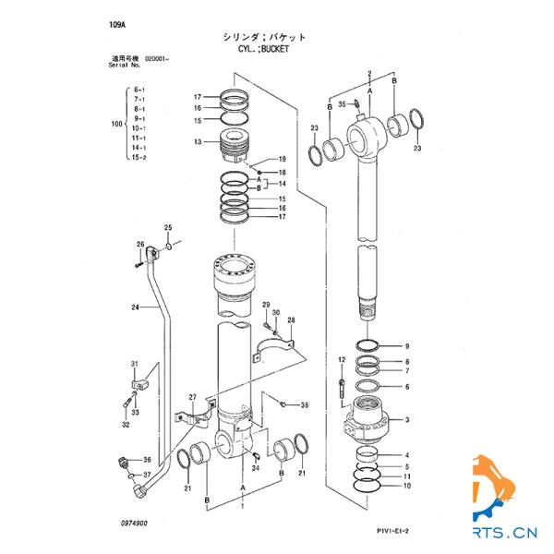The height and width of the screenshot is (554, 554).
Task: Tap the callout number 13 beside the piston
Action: (x=198, y=142)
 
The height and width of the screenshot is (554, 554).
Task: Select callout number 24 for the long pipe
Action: (x=135, y=307)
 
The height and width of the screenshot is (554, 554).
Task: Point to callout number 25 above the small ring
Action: (x=168, y=227)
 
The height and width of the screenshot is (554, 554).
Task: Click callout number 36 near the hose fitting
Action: (x=146, y=460)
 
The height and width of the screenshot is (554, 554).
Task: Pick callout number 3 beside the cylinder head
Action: (x=405, y=420)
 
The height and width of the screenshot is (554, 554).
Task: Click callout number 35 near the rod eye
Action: (x=341, y=103)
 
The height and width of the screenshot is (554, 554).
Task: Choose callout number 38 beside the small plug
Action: (x=305, y=405)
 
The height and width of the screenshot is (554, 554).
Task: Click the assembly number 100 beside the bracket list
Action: (x=115, y=123)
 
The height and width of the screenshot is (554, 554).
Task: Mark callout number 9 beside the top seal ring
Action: (x=405, y=346)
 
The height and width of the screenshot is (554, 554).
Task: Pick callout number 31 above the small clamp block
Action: (x=134, y=363)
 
